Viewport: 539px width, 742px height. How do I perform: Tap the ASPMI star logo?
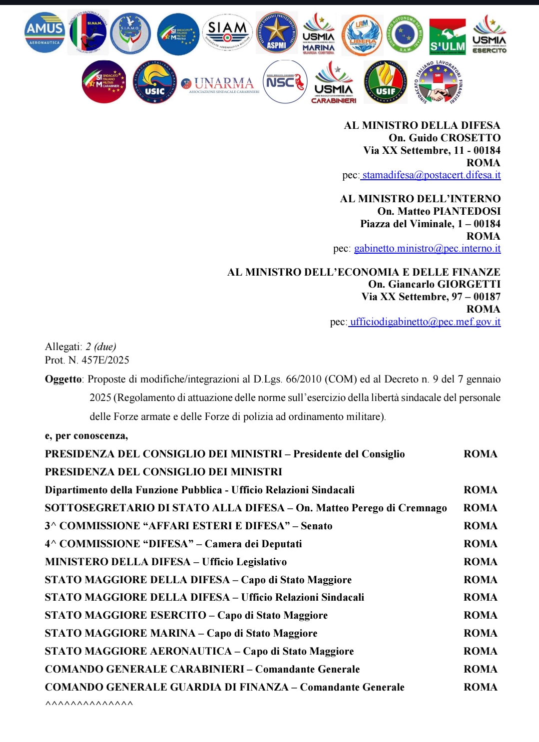click(276, 33)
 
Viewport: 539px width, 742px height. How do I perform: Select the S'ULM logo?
click(447, 36)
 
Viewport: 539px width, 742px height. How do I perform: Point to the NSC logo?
click(285, 82)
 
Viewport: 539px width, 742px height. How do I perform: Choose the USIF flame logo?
click(385, 82)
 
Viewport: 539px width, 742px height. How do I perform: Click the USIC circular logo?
click(155, 82)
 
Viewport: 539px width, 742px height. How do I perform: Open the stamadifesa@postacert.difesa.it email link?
click(432, 175)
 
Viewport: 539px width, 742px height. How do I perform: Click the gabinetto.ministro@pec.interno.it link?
click(427, 248)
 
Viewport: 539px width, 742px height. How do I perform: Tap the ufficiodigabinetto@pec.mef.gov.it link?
click(425, 322)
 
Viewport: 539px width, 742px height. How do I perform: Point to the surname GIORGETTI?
click(469, 284)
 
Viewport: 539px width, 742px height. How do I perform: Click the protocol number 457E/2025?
click(105, 360)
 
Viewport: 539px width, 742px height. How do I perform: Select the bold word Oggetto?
click(63, 379)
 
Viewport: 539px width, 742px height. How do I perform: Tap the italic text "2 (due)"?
click(101, 347)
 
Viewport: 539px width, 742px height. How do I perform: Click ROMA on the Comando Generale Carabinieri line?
click(480, 669)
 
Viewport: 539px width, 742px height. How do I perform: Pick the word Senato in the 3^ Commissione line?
click(316, 526)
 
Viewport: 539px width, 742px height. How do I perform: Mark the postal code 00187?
click(487, 297)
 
